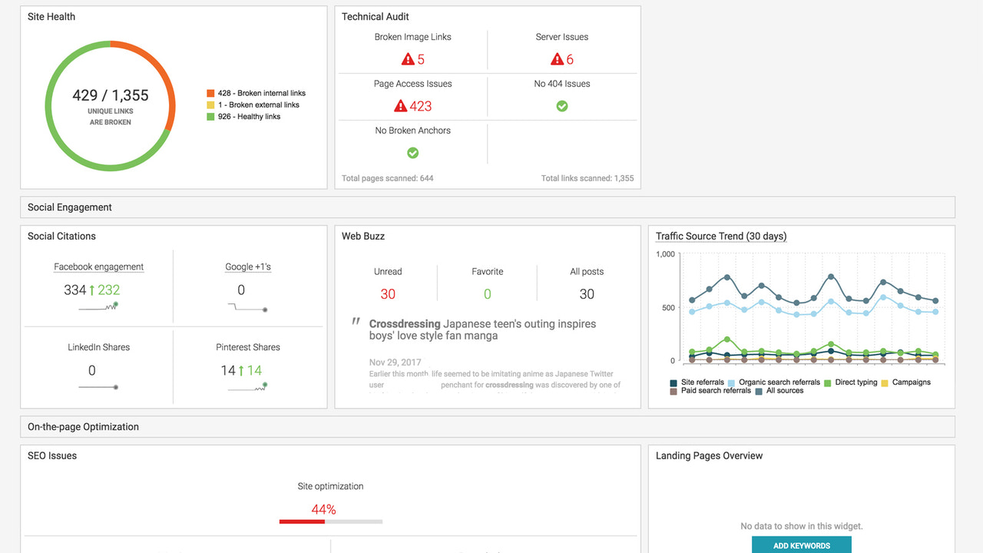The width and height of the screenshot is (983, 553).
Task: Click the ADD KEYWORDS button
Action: coord(801,545)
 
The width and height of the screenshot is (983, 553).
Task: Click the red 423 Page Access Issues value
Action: coord(420,106)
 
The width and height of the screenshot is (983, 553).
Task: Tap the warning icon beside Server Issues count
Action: coord(558,59)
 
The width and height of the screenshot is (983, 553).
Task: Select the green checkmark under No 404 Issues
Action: coord(562,106)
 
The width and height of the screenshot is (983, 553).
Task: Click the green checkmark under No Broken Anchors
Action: coord(412,153)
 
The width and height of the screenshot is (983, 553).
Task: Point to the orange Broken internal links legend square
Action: coord(210,93)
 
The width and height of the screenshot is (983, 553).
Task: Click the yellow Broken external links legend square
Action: coord(210,104)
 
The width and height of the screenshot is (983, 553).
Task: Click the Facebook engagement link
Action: coord(98,267)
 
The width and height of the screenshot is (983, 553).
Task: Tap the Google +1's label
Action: coord(248,267)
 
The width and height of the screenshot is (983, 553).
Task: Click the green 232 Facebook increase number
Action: coord(108,290)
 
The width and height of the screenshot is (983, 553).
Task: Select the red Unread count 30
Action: coord(388,294)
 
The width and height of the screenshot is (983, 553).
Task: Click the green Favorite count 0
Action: coord(488,294)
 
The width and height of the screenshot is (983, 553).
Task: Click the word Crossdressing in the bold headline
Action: coord(405,324)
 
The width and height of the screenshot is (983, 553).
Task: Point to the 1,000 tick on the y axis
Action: coord(665,254)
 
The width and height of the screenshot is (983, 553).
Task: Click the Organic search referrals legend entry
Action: coord(779,382)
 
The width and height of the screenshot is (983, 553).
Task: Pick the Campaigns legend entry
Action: coord(911,382)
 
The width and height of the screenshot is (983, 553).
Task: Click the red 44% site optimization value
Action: coord(323,509)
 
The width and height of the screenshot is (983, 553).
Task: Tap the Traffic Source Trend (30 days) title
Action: coord(721,236)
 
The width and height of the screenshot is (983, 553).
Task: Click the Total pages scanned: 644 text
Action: coord(388,178)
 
